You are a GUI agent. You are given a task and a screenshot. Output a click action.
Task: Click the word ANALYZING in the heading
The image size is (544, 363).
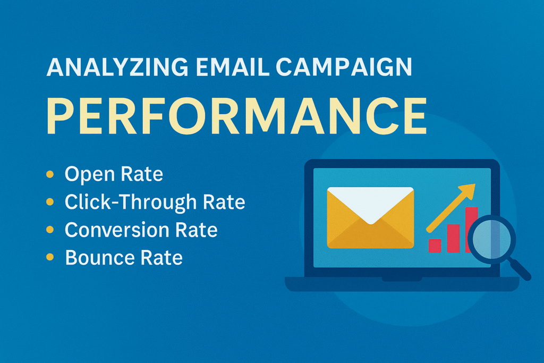117,67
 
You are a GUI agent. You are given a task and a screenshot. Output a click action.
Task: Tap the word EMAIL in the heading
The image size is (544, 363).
233,67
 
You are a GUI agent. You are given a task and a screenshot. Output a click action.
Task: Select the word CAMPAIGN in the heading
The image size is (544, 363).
344,67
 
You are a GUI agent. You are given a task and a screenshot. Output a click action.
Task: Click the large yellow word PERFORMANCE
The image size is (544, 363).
236,116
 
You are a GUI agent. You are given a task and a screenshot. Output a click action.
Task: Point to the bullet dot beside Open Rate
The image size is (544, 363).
50,174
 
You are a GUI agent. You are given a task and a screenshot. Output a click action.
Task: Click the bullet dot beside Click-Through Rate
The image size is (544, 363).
50,201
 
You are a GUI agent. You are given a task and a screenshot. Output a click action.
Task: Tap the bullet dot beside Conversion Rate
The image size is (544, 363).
50,230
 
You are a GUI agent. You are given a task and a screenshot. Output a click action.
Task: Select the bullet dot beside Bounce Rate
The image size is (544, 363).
50,257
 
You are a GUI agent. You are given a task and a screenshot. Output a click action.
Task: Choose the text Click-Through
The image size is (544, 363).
131,202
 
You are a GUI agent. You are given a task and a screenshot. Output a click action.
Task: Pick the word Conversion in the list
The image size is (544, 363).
117,230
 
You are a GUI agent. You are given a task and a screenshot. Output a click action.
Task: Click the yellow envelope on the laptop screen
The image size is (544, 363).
370,217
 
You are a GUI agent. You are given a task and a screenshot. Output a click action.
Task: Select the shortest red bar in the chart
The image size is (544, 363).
435,246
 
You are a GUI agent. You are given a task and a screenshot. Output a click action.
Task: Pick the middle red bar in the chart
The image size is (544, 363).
453,239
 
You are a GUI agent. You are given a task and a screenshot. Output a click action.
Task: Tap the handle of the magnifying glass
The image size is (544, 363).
518,268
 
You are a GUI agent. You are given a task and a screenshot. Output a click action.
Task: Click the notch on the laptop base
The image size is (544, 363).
402,279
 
